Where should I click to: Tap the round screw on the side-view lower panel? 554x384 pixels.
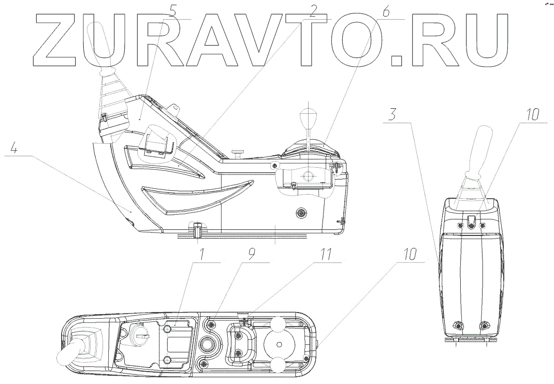pyautogui.click(x=301, y=213)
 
